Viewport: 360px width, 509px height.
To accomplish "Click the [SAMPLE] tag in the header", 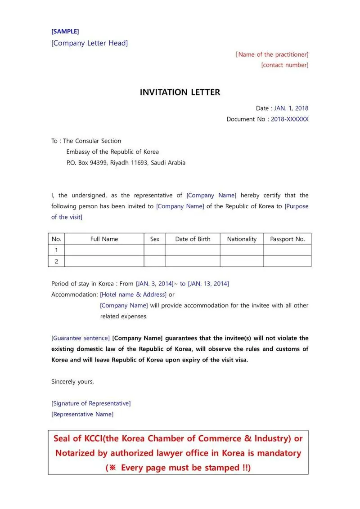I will (x=65, y=31).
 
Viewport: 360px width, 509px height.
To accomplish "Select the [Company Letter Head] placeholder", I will (x=90, y=43).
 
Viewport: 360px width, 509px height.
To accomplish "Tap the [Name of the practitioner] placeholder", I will (x=272, y=54).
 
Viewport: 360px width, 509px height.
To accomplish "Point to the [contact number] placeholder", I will (x=285, y=65).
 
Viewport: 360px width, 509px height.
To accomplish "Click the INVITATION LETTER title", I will (x=180, y=92).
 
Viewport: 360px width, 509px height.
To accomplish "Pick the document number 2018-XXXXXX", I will (x=290, y=119).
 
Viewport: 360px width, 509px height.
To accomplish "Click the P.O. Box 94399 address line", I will (x=126, y=163).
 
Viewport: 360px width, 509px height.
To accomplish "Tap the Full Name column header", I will (x=104, y=239).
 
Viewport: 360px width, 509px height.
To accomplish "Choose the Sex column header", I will (x=154, y=239).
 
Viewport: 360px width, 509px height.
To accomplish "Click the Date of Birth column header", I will (x=193, y=239).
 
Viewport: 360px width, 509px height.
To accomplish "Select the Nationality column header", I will (x=242, y=239).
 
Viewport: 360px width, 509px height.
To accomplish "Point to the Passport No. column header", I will (x=288, y=239).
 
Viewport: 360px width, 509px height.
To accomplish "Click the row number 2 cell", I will (x=56, y=261).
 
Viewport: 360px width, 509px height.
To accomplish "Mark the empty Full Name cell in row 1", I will (x=104, y=250).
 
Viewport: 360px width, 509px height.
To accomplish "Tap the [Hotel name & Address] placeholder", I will (x=133, y=295).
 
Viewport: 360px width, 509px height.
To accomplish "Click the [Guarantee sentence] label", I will (x=81, y=338).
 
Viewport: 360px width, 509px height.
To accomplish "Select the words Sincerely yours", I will (x=72, y=382).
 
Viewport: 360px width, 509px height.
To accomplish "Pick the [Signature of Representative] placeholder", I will (x=91, y=403).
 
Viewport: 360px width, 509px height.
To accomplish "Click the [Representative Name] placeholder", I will (x=82, y=414).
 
